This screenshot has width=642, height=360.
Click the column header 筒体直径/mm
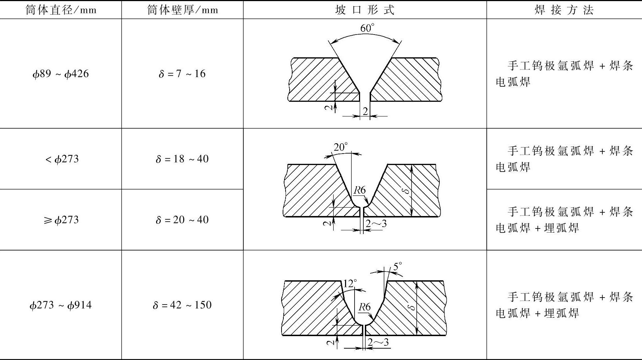point(61,10)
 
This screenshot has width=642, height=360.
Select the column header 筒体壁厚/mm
point(182,10)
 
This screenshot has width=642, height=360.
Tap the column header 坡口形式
point(365,10)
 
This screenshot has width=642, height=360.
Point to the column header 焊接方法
point(564,10)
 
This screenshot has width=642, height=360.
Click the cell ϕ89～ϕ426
point(61,74)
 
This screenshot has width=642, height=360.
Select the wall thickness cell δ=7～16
point(182,74)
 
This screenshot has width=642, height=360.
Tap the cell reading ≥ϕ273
point(61,220)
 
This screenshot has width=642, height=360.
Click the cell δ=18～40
point(182,159)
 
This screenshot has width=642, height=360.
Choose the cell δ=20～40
point(182,220)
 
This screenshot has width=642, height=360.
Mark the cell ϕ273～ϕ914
point(61,305)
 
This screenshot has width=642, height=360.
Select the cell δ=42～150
point(182,305)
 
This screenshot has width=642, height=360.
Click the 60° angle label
point(367,28)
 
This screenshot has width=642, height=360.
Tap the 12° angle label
point(349,283)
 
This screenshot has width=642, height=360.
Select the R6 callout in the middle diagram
point(360,190)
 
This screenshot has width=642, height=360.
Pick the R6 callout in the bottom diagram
point(364,307)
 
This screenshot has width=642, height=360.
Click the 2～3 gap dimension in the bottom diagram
point(378,343)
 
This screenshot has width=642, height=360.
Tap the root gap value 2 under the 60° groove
point(365,111)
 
